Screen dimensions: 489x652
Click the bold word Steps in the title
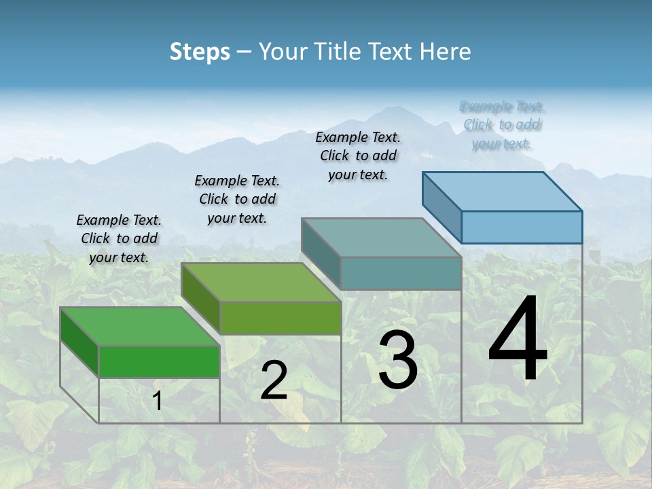(x=200, y=52)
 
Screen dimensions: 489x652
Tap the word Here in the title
(x=446, y=52)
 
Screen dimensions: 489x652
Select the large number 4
(x=518, y=340)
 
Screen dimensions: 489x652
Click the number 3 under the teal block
(x=398, y=361)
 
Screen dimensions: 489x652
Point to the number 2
(x=274, y=380)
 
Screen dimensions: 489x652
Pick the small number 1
(x=157, y=401)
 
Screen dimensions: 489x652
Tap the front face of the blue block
(x=522, y=227)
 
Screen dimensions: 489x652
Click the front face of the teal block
(x=401, y=274)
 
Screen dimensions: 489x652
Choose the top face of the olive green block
(x=261, y=283)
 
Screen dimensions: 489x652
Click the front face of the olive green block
(x=280, y=318)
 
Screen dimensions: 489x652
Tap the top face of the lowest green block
(x=140, y=327)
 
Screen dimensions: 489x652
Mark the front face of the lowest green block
(x=159, y=362)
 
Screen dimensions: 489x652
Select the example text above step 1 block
(x=119, y=238)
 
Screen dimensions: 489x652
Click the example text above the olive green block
(x=237, y=199)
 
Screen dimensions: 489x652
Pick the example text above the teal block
(x=358, y=156)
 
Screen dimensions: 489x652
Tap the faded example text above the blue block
(x=502, y=125)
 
